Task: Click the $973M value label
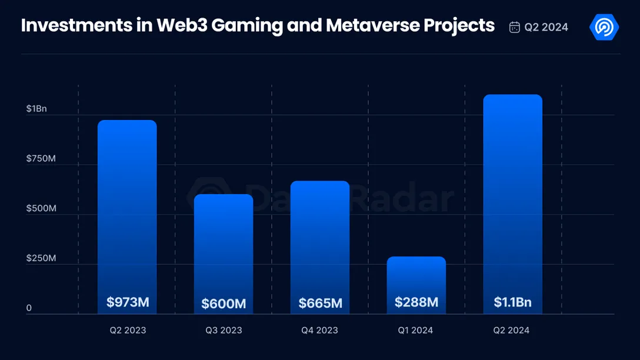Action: [128, 302]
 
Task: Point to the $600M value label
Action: [224, 304]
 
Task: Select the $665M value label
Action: [320, 303]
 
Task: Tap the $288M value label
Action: [416, 302]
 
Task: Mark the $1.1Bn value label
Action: [513, 302]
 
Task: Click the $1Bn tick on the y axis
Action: [36, 109]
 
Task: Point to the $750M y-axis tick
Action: [41, 158]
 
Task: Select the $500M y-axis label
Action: [41, 208]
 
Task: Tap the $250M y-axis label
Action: [41, 258]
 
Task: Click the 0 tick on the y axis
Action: [29, 308]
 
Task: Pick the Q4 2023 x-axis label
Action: [319, 330]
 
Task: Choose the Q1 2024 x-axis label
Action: [415, 330]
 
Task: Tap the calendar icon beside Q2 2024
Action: [514, 27]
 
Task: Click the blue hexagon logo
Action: [604, 27]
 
